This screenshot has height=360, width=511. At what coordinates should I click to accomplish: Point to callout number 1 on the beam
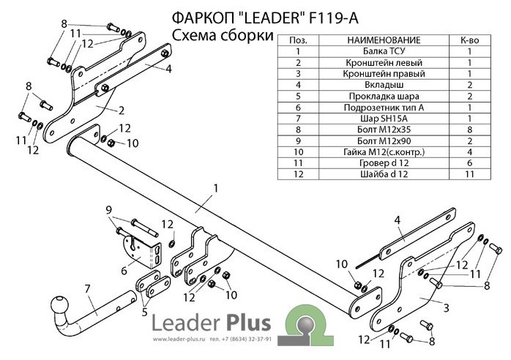coord(217,188)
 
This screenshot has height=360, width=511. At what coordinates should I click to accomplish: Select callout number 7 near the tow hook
coord(87,288)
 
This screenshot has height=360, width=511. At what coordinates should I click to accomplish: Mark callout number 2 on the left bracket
coord(121,110)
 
